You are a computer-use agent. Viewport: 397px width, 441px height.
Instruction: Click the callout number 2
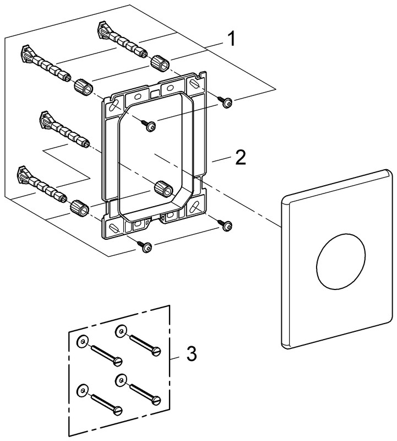tap(240, 158)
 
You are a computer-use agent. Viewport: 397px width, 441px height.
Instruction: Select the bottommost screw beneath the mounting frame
tap(146, 248)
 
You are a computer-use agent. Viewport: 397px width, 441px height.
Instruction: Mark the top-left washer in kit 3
tap(82, 342)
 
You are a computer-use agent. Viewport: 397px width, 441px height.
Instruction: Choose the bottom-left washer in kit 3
tap(82, 388)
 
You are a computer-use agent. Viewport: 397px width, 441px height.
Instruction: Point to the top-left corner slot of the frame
tap(115, 104)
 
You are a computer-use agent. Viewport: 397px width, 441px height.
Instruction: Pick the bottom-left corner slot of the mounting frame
tap(115, 227)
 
